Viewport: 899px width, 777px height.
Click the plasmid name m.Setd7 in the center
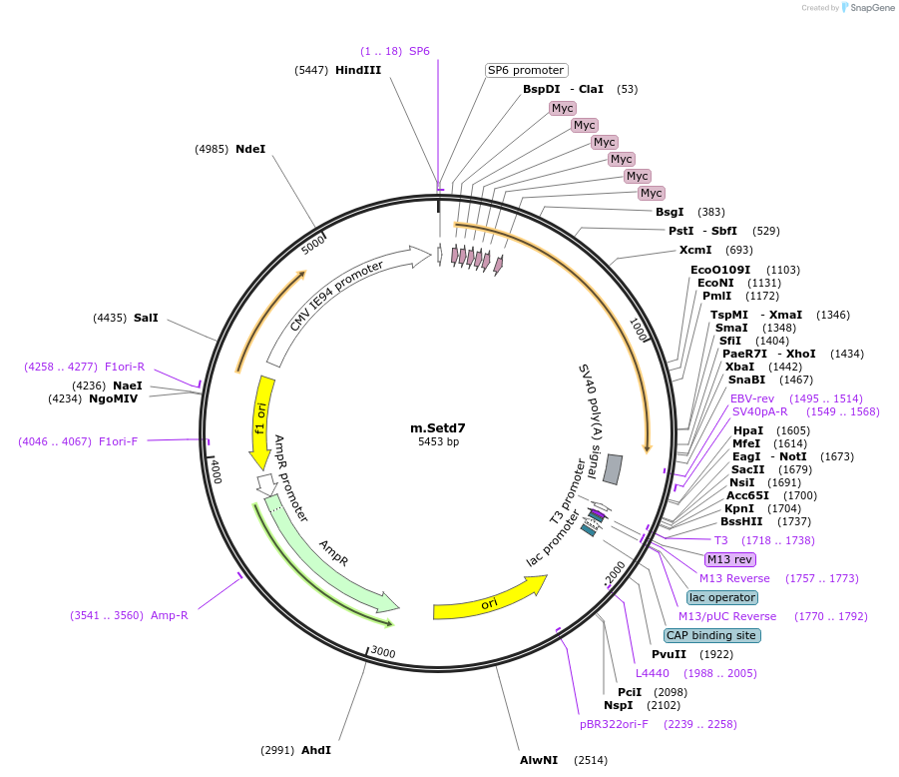pos(438,427)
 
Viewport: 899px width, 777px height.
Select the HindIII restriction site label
pos(358,70)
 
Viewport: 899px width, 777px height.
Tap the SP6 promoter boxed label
pos(526,70)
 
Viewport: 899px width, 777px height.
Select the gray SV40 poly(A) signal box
pos(613,469)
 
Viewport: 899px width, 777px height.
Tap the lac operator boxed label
pos(722,597)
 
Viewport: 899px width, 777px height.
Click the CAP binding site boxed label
pos(711,635)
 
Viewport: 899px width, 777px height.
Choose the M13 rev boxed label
pos(730,559)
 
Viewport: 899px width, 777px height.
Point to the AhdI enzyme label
pos(316,750)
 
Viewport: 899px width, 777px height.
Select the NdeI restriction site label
pos(250,149)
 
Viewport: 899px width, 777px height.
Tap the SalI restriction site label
pos(146,318)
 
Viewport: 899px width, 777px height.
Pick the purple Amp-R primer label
pos(169,615)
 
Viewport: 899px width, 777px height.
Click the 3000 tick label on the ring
pos(383,652)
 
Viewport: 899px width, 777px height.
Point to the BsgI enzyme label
pos(670,212)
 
